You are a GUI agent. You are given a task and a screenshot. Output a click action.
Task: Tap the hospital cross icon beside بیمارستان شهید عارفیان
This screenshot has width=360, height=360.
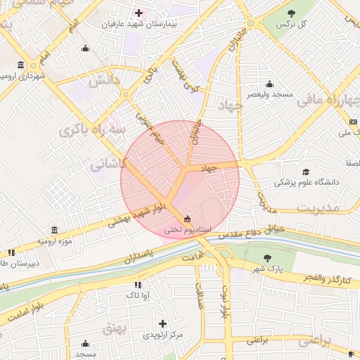[x=139, y=13]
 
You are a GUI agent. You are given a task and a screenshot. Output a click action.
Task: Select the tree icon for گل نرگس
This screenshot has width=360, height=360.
[x=292, y=13]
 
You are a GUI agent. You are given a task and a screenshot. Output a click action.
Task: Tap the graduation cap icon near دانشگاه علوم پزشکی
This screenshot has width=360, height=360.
[x=306, y=172]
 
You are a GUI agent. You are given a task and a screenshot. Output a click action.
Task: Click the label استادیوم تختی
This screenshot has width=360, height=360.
[x=186, y=229]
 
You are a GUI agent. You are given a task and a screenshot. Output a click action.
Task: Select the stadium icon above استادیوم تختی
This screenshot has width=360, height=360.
[x=186, y=218]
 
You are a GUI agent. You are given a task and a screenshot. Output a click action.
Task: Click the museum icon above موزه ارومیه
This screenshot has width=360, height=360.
[x=55, y=230]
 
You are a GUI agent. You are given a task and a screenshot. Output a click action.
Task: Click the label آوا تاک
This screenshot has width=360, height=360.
[x=136, y=295]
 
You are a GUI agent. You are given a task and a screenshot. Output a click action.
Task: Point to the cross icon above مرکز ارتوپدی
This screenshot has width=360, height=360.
[x=162, y=323]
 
